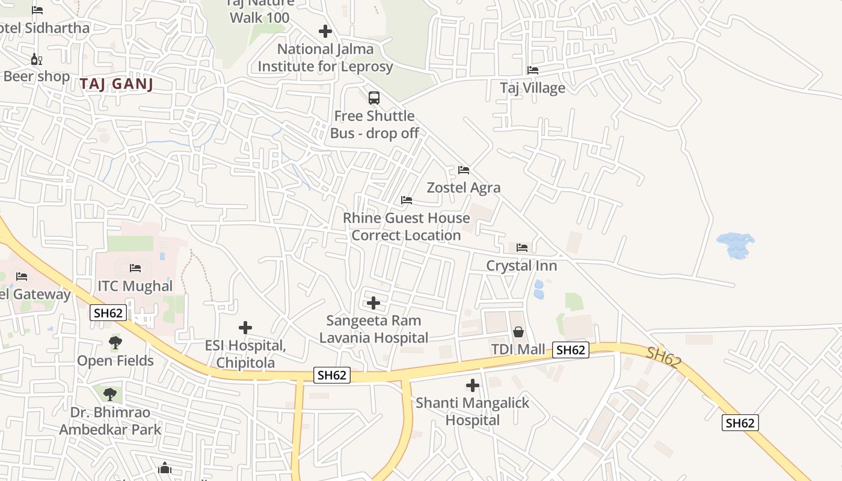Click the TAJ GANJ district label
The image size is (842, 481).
117,84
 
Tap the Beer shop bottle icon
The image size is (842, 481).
37,60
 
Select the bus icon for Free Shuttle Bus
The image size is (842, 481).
374,97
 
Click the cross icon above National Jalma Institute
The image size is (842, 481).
325,31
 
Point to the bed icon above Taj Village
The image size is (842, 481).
533,70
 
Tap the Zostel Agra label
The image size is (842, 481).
463,188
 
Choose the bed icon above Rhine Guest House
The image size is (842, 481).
407,200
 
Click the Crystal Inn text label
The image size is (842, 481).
521,266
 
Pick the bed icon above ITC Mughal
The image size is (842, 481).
135,268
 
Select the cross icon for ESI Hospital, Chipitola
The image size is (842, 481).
245,328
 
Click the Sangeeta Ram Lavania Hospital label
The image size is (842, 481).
373,329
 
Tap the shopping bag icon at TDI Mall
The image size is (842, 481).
518,332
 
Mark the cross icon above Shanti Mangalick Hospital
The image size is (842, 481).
473,385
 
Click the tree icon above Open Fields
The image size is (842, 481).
115,343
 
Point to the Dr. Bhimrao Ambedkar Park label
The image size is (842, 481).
110,421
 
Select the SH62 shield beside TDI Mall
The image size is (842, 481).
570,350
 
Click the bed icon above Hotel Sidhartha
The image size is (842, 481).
37,10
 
